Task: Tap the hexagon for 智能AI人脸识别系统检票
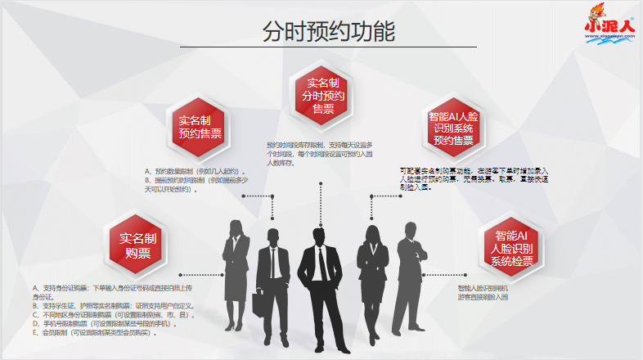[x=511, y=248]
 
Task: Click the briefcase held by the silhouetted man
[x=259, y=304]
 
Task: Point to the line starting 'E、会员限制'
[x=93, y=333]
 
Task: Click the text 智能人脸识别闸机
[x=483, y=288]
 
